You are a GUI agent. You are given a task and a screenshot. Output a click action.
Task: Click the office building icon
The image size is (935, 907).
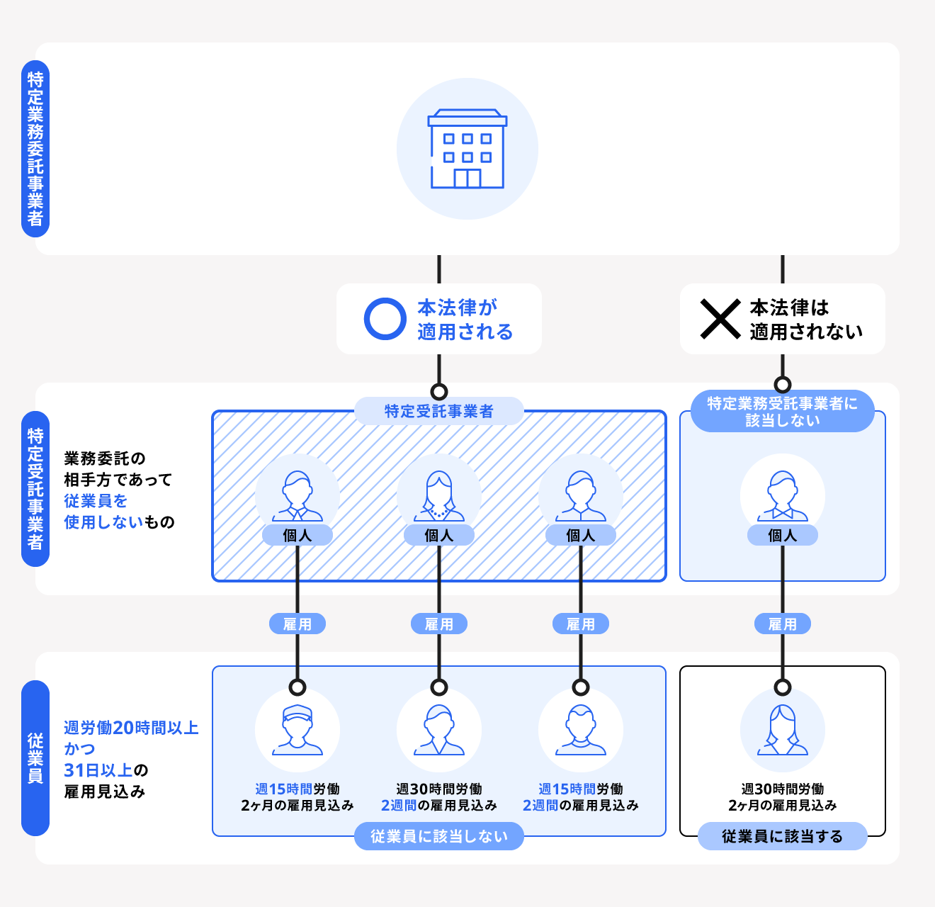pos(467,149)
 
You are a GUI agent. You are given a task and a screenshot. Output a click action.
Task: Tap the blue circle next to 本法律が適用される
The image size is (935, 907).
pos(385,319)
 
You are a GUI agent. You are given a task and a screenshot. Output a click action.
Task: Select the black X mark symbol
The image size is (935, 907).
pos(720,319)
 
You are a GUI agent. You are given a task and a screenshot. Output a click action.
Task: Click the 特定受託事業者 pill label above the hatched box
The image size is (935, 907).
pos(439,411)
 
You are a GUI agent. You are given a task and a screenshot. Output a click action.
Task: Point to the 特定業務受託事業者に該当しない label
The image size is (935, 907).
pos(782,412)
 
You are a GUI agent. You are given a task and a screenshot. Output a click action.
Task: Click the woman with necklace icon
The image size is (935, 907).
pos(439,495)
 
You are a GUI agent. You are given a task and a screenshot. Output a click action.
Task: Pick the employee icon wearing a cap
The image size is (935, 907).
pos(297,729)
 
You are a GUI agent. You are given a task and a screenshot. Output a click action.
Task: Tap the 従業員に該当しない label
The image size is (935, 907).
pos(439,836)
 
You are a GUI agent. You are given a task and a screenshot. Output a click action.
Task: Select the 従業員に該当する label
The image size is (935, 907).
pos(782,836)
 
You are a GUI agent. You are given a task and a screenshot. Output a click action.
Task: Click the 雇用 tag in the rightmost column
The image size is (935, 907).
pos(782,624)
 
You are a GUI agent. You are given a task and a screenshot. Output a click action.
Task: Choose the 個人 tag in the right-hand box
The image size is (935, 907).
pos(782,536)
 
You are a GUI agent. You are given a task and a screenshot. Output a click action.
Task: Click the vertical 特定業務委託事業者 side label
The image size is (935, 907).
pos(35,149)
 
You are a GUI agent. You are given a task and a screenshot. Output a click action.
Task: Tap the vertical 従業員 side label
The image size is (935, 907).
pos(35,758)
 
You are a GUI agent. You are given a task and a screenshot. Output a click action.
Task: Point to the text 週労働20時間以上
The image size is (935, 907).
pos(131,728)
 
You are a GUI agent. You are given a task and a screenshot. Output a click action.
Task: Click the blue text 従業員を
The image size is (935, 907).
pos(96,501)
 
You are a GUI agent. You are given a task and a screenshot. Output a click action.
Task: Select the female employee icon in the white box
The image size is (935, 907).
pos(782,729)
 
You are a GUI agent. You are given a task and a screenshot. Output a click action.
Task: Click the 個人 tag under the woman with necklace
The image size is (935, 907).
pos(439,536)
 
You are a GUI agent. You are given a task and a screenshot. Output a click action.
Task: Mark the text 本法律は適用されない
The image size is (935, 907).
pos(806,319)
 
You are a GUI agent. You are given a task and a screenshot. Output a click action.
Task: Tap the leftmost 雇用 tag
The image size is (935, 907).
pos(297,624)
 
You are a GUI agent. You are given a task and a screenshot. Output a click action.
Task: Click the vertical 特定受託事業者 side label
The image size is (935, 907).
pos(35,489)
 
